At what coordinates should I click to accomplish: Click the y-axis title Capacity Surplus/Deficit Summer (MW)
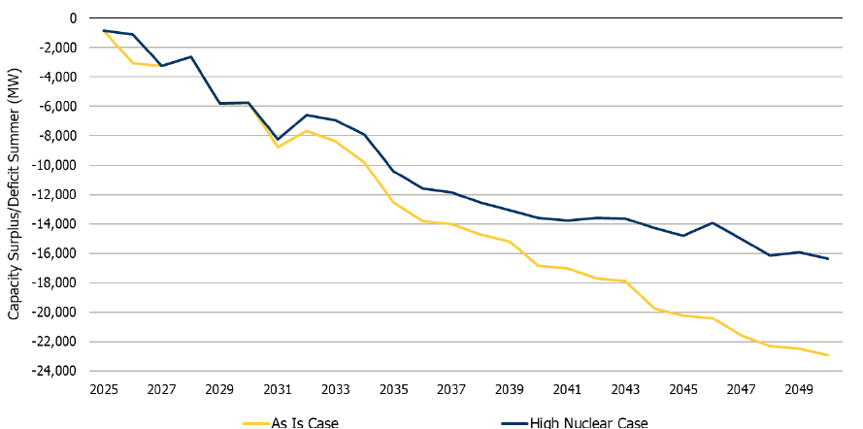[15, 193]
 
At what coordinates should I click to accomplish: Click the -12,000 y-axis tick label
[55, 194]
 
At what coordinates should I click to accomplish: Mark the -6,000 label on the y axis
[58, 106]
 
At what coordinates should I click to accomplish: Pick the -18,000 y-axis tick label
[55, 282]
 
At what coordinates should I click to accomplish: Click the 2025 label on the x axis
[104, 388]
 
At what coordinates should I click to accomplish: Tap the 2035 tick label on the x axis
[393, 388]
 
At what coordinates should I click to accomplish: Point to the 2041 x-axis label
[567, 388]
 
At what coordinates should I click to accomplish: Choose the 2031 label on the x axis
[278, 388]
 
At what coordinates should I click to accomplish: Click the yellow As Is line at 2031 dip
[278, 147]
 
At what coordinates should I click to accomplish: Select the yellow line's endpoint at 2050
[828, 355]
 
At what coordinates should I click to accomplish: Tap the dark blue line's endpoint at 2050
[828, 258]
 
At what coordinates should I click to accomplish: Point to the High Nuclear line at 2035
[393, 171]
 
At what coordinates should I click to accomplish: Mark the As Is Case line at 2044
[654, 309]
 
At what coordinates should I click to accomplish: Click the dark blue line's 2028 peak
[191, 56]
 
